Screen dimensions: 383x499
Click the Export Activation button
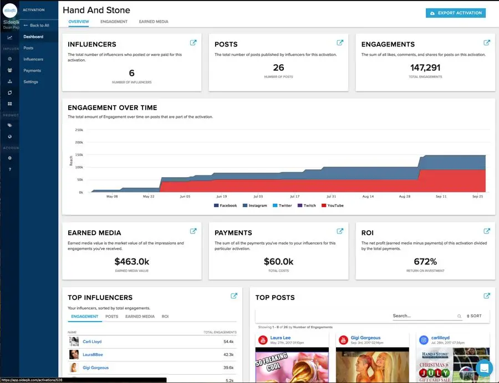(456, 13)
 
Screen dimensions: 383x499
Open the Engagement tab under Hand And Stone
(114, 22)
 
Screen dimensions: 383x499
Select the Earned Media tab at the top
(154, 22)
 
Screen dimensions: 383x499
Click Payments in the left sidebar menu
(32, 70)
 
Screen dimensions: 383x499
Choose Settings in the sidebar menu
(31, 82)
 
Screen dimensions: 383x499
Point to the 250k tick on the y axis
(79, 130)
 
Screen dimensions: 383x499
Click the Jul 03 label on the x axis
(258, 196)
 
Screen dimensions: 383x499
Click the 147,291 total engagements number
(425, 67)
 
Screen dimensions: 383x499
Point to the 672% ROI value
(425, 261)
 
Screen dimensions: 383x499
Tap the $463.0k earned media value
(131, 261)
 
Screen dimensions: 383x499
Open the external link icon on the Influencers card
(193, 43)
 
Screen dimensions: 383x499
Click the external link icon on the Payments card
(340, 231)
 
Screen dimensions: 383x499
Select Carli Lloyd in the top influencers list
(92, 342)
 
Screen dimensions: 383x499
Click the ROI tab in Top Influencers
(165, 317)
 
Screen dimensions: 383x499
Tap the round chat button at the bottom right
(484, 368)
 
